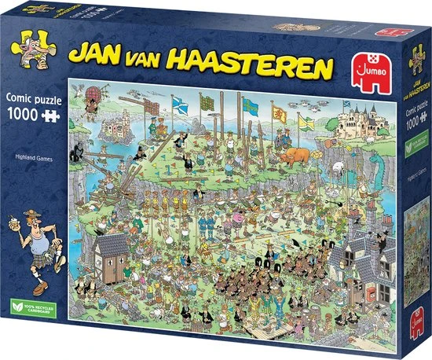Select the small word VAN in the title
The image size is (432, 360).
pyautogui.click(x=154, y=53)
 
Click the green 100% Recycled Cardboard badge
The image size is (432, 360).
pyautogui.click(x=31, y=325)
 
